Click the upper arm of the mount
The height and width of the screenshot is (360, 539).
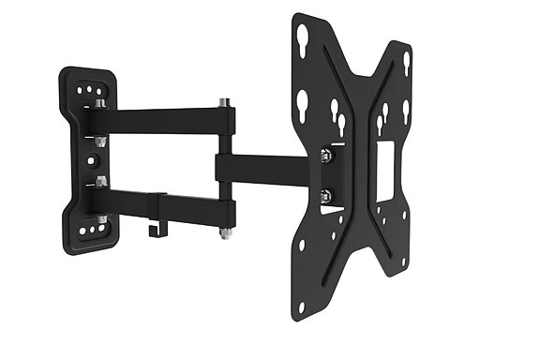coord(159,120)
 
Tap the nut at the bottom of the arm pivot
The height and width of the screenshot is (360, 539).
coord(225,233)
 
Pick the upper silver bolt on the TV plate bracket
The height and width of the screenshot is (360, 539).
coord(325,156)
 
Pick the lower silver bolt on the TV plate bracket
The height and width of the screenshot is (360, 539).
coord(325,196)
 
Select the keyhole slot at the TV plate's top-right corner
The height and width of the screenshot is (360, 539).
coord(406,63)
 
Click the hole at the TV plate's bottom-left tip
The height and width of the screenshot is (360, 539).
coord(300,307)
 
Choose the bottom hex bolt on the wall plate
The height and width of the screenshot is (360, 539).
coord(101,219)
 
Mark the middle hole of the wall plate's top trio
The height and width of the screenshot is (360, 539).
coord(89,91)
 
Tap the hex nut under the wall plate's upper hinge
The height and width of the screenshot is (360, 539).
coord(100,141)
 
